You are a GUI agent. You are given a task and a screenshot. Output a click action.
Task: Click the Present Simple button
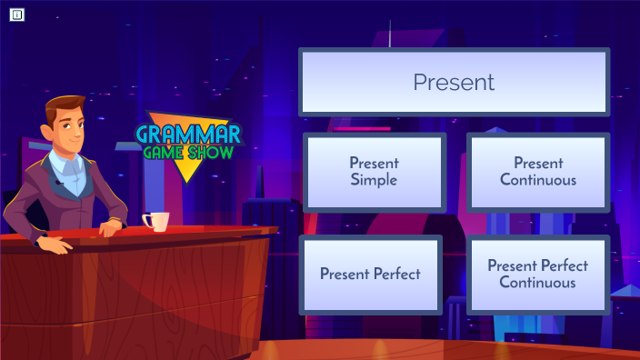[374, 171]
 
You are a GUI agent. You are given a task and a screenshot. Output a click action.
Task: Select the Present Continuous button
[537, 171]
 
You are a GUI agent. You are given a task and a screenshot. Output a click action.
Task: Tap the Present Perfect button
[370, 274]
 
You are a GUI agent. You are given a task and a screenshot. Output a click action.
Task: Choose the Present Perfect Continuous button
[537, 274]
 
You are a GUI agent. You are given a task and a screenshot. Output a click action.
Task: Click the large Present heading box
[454, 82]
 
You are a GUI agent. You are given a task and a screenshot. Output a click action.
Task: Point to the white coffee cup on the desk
[156, 221]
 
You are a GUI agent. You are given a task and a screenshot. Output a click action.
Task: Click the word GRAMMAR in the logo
[188, 135]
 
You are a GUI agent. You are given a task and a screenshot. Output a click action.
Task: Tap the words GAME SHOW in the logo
[188, 153]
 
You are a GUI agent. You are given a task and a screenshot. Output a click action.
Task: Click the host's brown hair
[65, 107]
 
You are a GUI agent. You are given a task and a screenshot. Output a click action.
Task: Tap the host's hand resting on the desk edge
[53, 245]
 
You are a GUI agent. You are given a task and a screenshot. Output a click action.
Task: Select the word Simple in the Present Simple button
[374, 180]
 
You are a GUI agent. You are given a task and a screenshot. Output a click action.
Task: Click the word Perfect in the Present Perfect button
[396, 274]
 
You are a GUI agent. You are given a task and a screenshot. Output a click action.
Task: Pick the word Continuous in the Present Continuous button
[537, 180]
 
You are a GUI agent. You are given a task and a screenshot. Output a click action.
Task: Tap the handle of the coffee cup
[145, 220]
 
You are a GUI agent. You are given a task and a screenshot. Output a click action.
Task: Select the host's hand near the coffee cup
[112, 227]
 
